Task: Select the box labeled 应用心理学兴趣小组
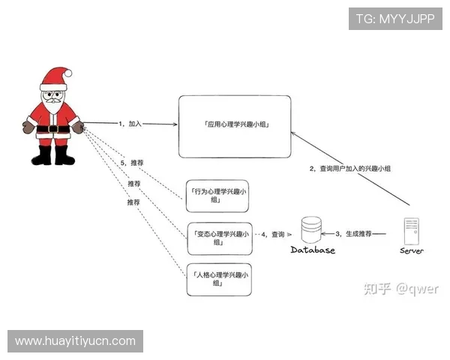point(235,126)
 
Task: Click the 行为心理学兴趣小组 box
point(218,196)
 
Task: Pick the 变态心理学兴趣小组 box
point(218,238)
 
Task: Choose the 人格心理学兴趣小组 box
point(218,279)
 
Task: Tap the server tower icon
point(411,230)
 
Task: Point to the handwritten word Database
point(313,250)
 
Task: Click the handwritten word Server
point(411,250)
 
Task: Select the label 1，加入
point(130,122)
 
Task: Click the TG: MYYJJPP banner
point(394,18)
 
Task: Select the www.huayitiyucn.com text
point(75,341)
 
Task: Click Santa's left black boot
point(42,154)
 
